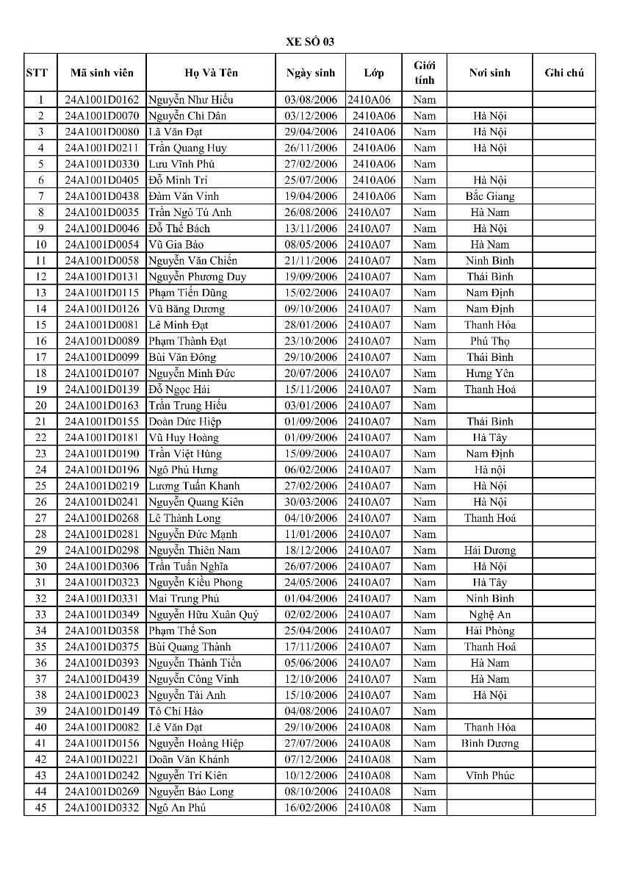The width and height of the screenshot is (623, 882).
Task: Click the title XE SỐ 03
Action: tap(310, 42)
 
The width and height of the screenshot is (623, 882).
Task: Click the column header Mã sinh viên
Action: tap(102, 73)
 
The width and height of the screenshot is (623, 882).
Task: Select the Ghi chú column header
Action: tap(564, 73)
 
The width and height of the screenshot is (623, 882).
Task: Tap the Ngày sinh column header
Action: tap(311, 73)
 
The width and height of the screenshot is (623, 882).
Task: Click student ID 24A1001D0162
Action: tap(102, 100)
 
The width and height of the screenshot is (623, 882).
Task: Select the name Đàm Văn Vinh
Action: tap(184, 196)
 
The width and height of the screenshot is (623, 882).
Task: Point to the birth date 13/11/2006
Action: tap(311, 229)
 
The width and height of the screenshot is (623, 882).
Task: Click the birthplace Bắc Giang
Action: tap(490, 196)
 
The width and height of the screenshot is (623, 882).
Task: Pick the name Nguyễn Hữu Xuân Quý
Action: tap(204, 614)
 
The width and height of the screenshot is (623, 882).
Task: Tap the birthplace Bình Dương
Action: tap(490, 743)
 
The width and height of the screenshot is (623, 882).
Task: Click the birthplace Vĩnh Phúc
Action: tap(490, 775)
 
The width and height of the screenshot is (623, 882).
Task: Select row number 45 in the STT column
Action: tap(40, 808)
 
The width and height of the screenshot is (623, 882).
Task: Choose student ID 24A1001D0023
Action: tap(102, 695)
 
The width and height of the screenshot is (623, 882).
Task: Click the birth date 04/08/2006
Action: tap(311, 711)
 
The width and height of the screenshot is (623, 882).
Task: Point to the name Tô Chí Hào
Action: tap(176, 711)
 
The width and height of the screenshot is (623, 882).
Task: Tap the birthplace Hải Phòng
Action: tap(490, 631)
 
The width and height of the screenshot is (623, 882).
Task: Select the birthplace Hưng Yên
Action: tap(490, 373)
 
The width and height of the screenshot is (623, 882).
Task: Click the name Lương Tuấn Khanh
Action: tap(194, 486)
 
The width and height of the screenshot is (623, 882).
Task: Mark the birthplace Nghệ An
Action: tap(490, 614)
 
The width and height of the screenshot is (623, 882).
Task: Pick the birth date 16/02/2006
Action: tap(311, 808)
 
